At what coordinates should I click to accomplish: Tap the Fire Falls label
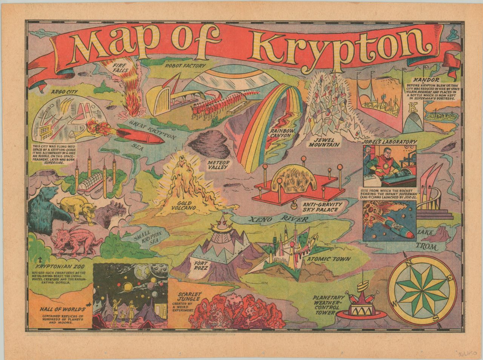coord(121,69)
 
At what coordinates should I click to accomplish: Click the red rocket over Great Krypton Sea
coord(142,136)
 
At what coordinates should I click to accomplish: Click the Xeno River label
coord(276,219)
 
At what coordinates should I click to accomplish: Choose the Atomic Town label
coord(329,260)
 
